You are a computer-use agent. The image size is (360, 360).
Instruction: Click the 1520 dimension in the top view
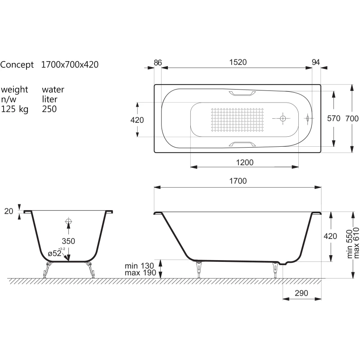click(238, 62)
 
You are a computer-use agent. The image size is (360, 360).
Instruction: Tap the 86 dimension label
click(158, 63)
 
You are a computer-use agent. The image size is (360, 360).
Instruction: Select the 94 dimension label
click(316, 62)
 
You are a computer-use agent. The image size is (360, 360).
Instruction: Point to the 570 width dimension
click(333, 118)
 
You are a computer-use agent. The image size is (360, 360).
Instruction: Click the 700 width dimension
click(352, 119)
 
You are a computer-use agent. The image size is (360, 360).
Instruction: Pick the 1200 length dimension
click(245, 162)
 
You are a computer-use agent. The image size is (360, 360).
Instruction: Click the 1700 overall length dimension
click(238, 181)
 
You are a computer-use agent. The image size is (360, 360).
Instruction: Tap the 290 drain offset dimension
click(301, 293)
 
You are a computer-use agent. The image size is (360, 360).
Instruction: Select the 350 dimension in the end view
click(68, 241)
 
